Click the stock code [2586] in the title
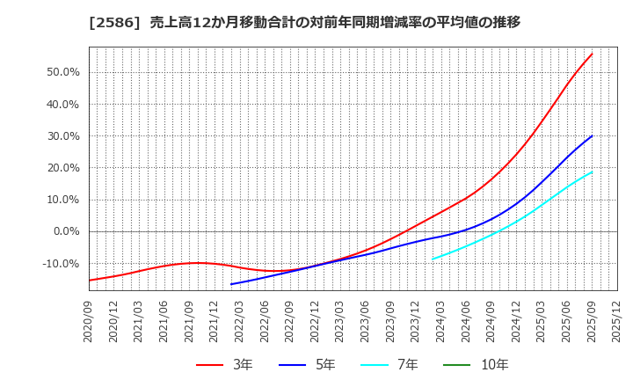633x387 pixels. [x=106, y=22]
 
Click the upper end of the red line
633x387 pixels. [x=592, y=54]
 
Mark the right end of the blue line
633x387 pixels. [x=592, y=135]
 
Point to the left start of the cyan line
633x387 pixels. [x=433, y=259]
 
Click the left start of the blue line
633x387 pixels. [x=231, y=284]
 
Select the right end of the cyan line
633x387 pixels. [x=592, y=172]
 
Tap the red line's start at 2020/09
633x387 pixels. [x=89, y=281]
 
